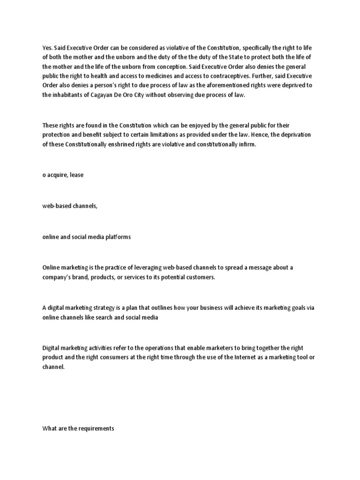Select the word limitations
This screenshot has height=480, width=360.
[x=152, y=135]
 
